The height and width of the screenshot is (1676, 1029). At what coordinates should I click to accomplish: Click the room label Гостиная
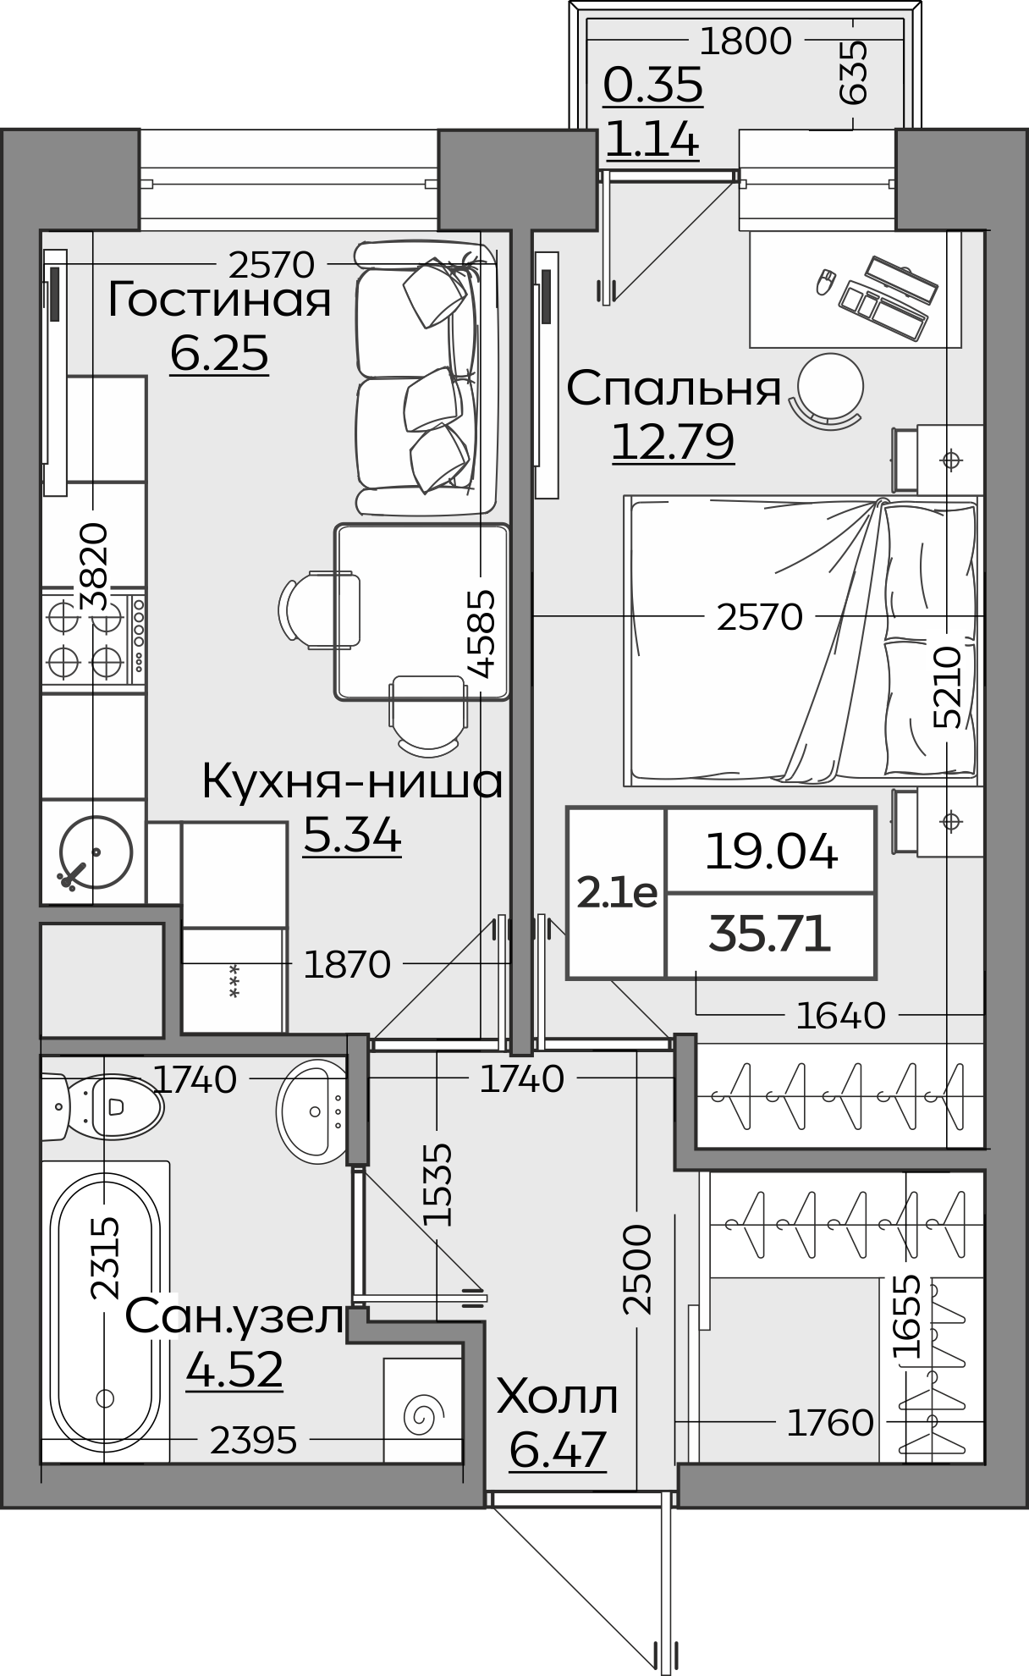(x=218, y=300)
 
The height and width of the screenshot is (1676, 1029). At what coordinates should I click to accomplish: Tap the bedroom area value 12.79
(x=673, y=441)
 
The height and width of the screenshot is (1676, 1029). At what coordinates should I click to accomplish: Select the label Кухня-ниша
(x=352, y=782)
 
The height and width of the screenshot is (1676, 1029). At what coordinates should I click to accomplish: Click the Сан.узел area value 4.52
(x=234, y=1369)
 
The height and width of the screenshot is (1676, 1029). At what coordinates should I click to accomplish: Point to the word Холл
(x=557, y=1398)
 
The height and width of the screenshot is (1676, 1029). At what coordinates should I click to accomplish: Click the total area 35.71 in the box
(x=769, y=934)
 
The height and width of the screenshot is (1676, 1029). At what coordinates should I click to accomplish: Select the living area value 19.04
(x=771, y=852)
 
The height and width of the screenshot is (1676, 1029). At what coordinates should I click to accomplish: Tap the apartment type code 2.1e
(x=617, y=892)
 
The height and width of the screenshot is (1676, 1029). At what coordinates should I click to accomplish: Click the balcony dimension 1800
(x=746, y=41)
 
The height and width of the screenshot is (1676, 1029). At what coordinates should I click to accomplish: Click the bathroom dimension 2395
(x=253, y=1440)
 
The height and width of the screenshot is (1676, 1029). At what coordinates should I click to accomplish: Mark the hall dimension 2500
(x=637, y=1269)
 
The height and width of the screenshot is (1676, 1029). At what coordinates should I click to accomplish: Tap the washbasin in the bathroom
(x=311, y=1110)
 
